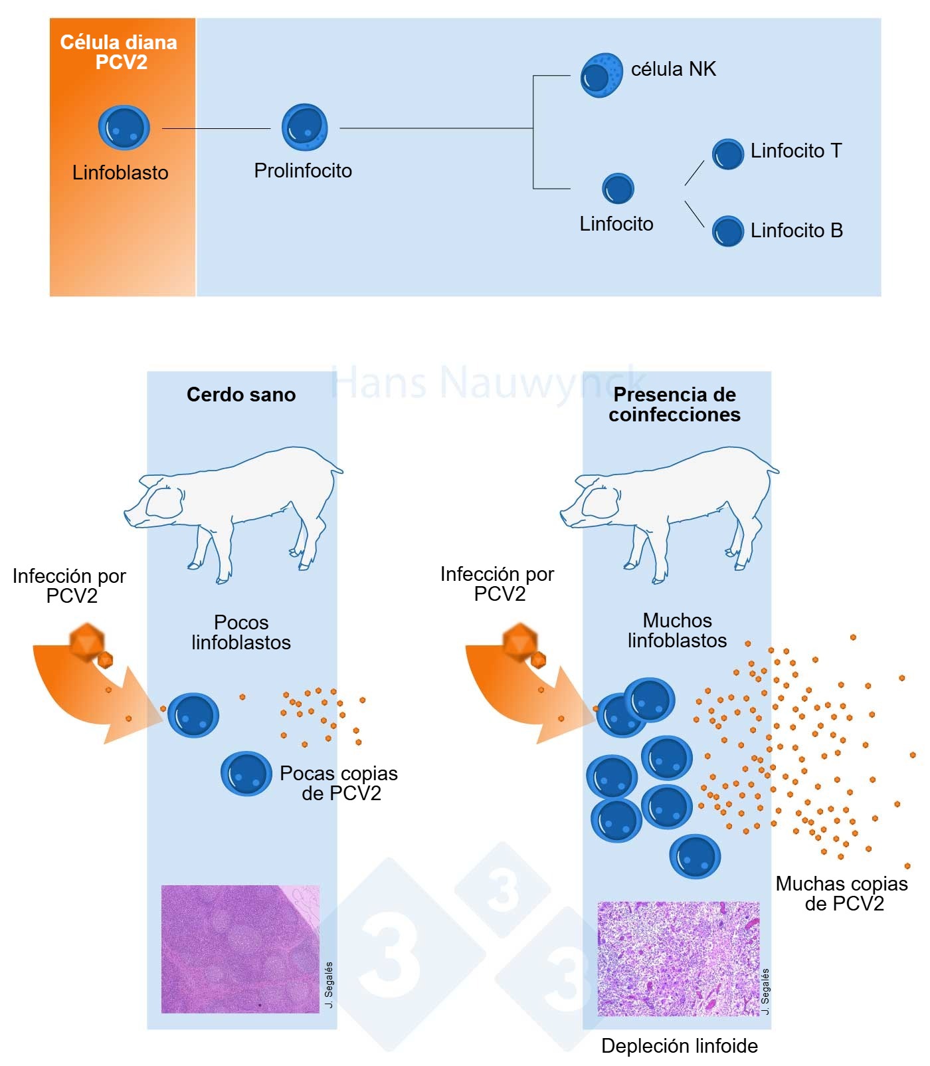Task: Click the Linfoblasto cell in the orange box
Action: tap(124, 128)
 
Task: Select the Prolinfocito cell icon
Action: tap(304, 127)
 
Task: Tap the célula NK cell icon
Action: tap(601, 75)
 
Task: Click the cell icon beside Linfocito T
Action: tap(727, 154)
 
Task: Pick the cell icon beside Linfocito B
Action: tap(727, 231)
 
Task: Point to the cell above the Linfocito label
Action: tap(618, 188)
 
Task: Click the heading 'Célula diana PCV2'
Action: tap(120, 52)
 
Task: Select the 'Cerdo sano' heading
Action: tap(241, 394)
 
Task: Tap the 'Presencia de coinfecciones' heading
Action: tap(674, 404)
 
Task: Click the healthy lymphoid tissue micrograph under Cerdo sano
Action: tap(240, 948)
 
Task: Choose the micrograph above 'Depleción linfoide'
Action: tap(678, 958)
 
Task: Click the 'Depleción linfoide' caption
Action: tap(679, 1045)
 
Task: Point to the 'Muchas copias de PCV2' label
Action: tap(842, 893)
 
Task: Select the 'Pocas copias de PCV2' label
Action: tap(339, 783)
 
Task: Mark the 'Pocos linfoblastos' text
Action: tap(241, 632)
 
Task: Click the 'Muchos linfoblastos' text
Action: tap(677, 630)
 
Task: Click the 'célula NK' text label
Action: tap(673, 69)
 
